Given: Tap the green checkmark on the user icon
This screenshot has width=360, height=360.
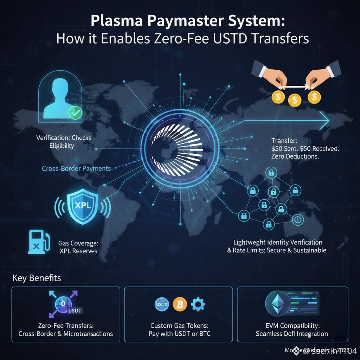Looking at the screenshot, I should click(x=75, y=113).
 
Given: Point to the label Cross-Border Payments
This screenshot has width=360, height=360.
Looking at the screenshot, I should click(x=76, y=168).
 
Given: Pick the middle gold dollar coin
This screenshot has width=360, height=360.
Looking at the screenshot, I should click(x=295, y=99).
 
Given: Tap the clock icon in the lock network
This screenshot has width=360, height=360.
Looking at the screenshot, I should click(x=297, y=219).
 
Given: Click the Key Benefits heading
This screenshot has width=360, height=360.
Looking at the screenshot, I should click(x=37, y=278).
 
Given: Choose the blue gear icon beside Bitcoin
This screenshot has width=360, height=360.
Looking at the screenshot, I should click(x=198, y=303).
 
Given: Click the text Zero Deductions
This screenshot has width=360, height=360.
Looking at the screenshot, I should click(x=295, y=157).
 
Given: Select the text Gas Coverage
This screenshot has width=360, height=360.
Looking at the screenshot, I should click(x=78, y=243).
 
